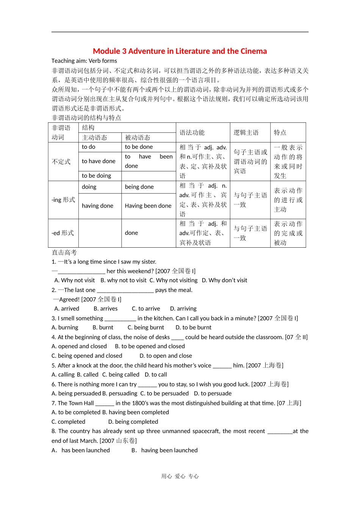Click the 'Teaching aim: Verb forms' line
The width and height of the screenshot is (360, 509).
click(84, 61)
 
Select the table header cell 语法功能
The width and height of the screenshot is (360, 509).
click(192, 133)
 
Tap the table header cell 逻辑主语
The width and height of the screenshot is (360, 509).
click(246, 133)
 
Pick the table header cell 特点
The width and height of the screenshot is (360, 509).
click(280, 133)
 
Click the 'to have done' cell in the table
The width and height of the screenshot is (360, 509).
click(99, 161)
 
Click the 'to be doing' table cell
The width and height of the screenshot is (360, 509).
click(96, 176)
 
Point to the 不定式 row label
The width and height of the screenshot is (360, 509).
click(61, 162)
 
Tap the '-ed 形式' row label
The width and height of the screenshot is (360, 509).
click(63, 233)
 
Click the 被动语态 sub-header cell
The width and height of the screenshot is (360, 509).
click(138, 137)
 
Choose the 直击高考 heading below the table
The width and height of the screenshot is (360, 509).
click(64, 253)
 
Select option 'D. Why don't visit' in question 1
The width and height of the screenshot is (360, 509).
click(224, 280)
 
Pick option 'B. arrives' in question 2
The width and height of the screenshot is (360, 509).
click(105, 309)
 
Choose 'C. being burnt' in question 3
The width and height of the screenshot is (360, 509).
click(146, 328)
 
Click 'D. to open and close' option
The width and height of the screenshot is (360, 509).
click(166, 356)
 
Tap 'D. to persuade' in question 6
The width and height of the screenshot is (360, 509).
click(213, 393)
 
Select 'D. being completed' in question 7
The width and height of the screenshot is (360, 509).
click(133, 422)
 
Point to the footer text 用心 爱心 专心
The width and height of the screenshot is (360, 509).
click(180, 476)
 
